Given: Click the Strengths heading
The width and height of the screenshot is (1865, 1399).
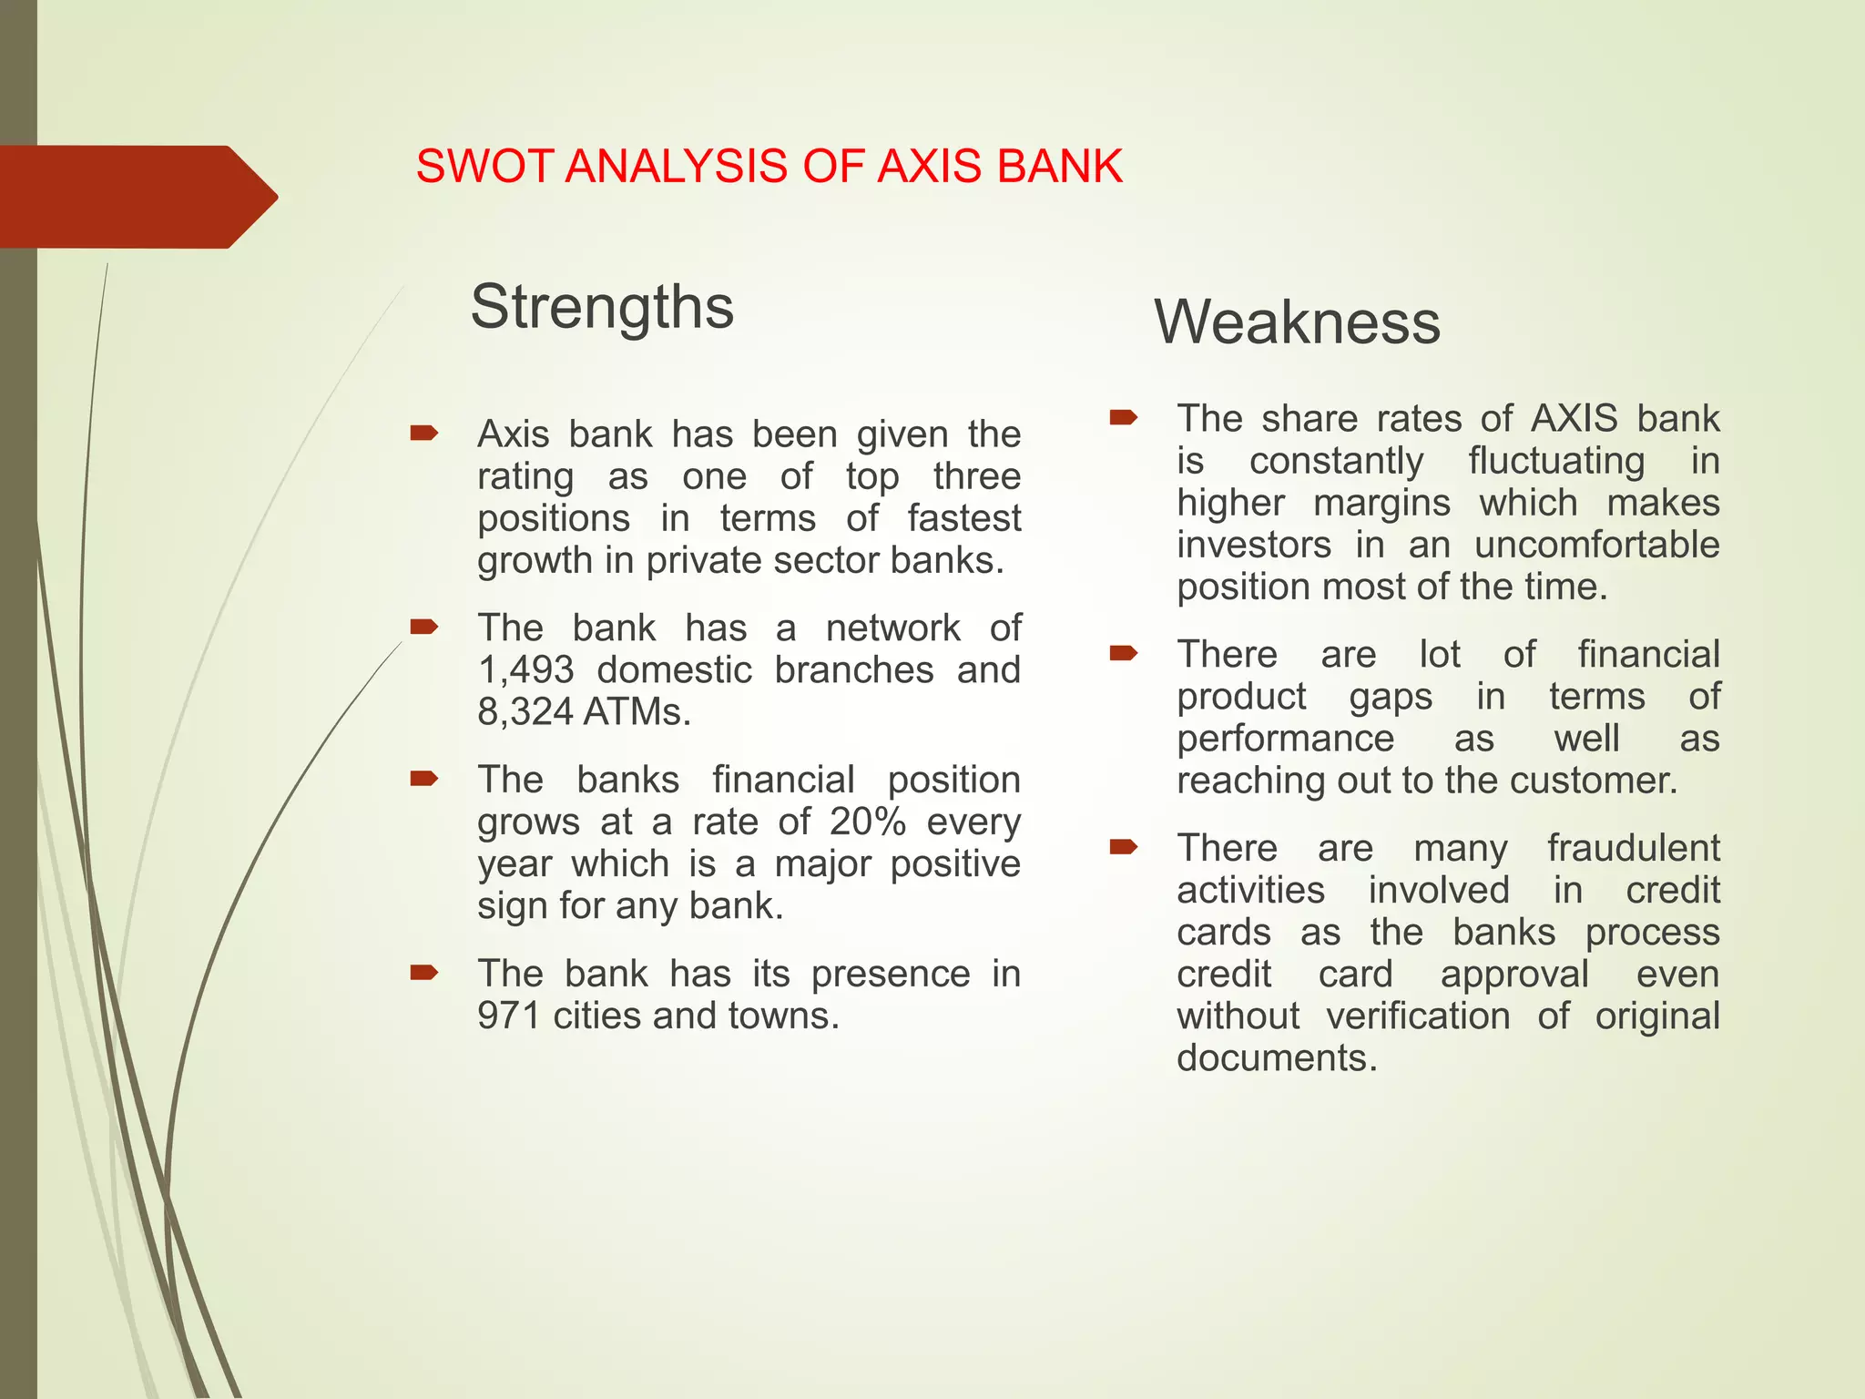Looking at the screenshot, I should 602,308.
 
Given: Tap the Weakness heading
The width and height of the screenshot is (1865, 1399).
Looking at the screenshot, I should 1297,322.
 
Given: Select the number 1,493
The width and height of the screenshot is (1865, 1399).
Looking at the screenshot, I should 525,670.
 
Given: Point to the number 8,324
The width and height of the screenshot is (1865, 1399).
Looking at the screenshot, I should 525,712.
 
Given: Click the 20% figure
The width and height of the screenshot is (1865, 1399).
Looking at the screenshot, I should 867,822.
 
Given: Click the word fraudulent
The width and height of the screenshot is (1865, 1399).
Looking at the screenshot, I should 1633,848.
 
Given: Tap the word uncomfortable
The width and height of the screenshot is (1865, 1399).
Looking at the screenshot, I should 1596,545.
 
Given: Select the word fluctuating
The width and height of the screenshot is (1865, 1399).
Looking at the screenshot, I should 1556,461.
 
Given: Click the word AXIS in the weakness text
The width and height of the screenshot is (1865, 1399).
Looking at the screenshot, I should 1574,419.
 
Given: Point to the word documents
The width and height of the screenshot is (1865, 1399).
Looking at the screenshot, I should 1277,1058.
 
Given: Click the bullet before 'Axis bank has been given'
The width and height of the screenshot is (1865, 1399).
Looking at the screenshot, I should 424,433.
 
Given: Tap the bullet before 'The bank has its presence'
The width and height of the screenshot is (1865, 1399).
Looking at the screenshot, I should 424,973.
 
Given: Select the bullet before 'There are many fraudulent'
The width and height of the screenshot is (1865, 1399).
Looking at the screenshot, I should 1124,847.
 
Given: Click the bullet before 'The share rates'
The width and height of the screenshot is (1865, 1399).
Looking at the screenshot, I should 1124,418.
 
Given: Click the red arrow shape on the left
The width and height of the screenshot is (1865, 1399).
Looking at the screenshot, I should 137,197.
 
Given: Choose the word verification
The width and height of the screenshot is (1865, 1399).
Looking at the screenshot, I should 1417,1016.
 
